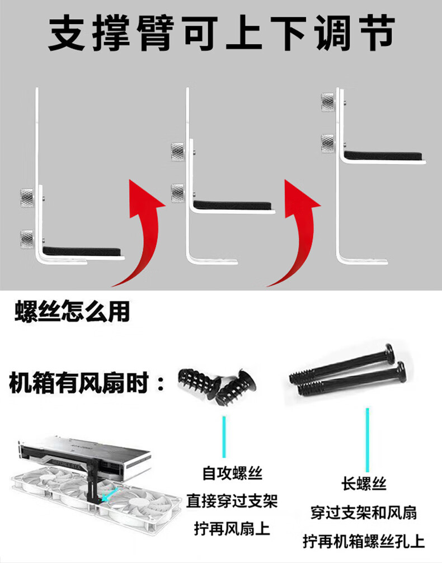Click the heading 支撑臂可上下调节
pos(222,33)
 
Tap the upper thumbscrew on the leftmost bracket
pos(27,196)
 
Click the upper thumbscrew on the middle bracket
pos(178,151)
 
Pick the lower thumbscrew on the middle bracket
pos(178,193)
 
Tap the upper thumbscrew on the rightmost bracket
pos(328,102)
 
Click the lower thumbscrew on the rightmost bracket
pos(328,144)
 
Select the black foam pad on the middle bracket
pos(232,205)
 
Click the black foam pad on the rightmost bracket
pos(383,156)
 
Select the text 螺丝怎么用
pos(72,312)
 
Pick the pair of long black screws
pos(349,372)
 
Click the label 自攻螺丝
pos(232,473)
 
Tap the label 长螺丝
pos(364,484)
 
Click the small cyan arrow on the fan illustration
pos(110,493)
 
